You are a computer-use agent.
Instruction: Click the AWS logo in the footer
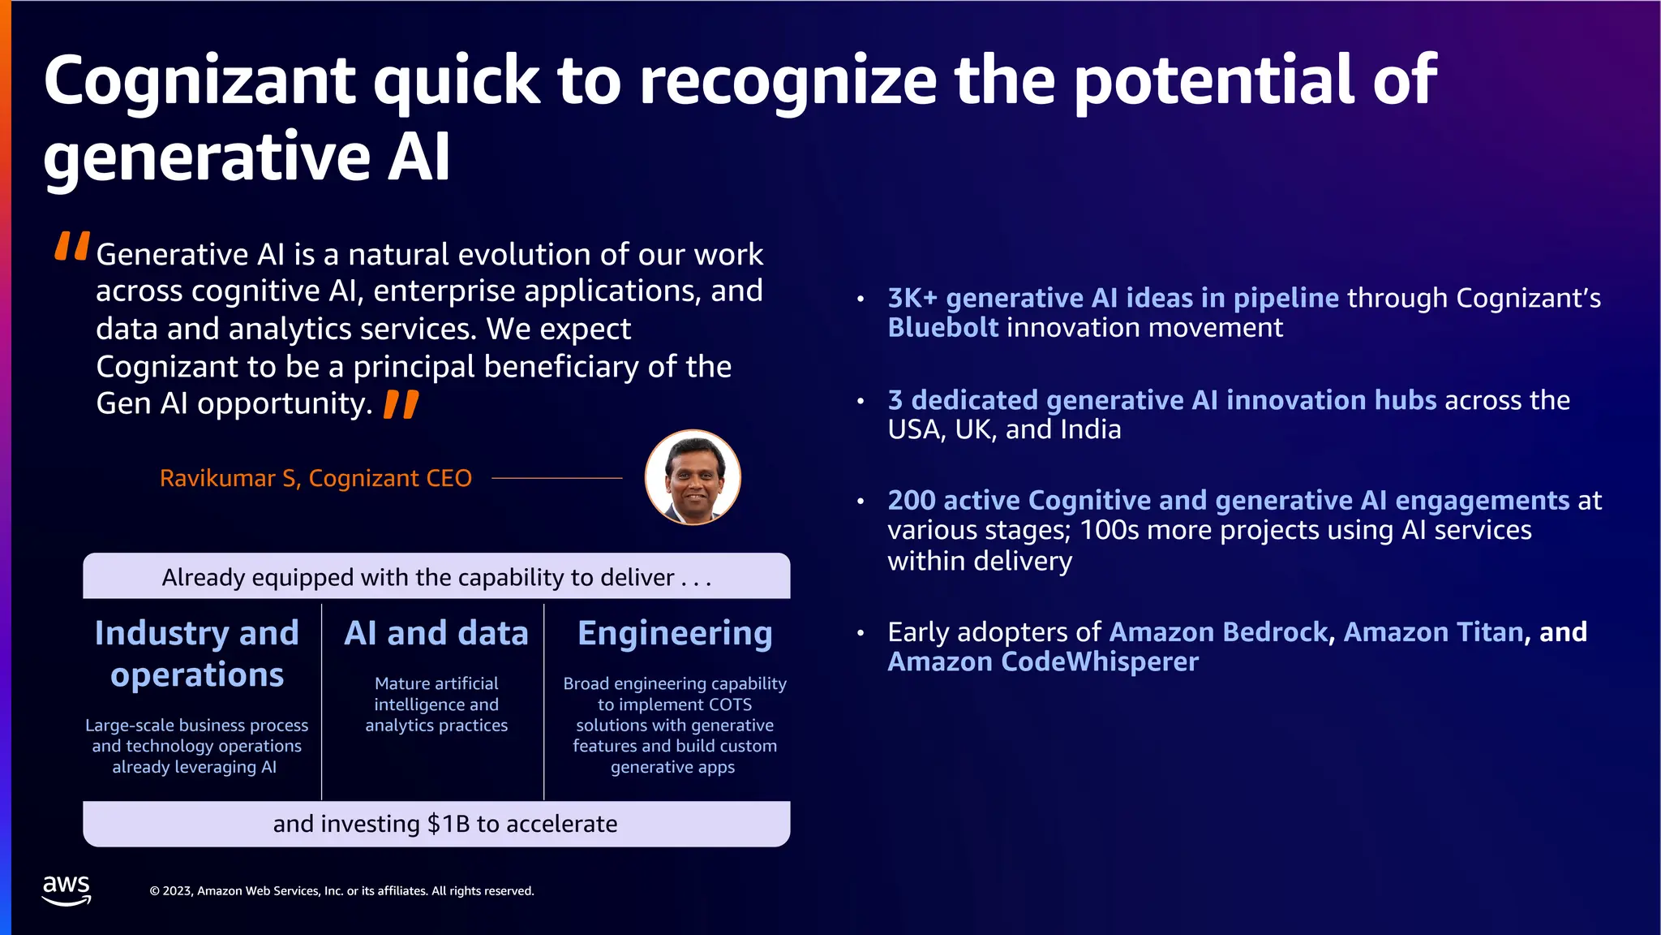tap(67, 890)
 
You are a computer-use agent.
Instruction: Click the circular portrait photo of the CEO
tap(692, 477)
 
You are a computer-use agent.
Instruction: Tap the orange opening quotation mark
tap(71, 246)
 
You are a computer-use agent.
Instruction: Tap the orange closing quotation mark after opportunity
tap(401, 404)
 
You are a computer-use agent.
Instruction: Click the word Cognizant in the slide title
tap(200, 81)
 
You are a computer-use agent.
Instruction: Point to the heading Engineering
tap(675, 633)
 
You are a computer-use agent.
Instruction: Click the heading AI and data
tap(436, 633)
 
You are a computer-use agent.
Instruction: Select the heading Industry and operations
tap(197, 653)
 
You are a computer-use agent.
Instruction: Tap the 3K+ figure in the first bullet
tap(912, 298)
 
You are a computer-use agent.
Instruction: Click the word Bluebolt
tap(943, 328)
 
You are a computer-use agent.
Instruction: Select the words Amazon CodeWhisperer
tap(1043, 662)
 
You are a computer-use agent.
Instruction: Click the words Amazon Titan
tap(1433, 632)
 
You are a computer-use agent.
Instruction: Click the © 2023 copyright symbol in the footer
tap(155, 891)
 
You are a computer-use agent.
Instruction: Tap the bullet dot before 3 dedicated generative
tap(861, 401)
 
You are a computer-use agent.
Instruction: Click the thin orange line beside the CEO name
tap(557, 478)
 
